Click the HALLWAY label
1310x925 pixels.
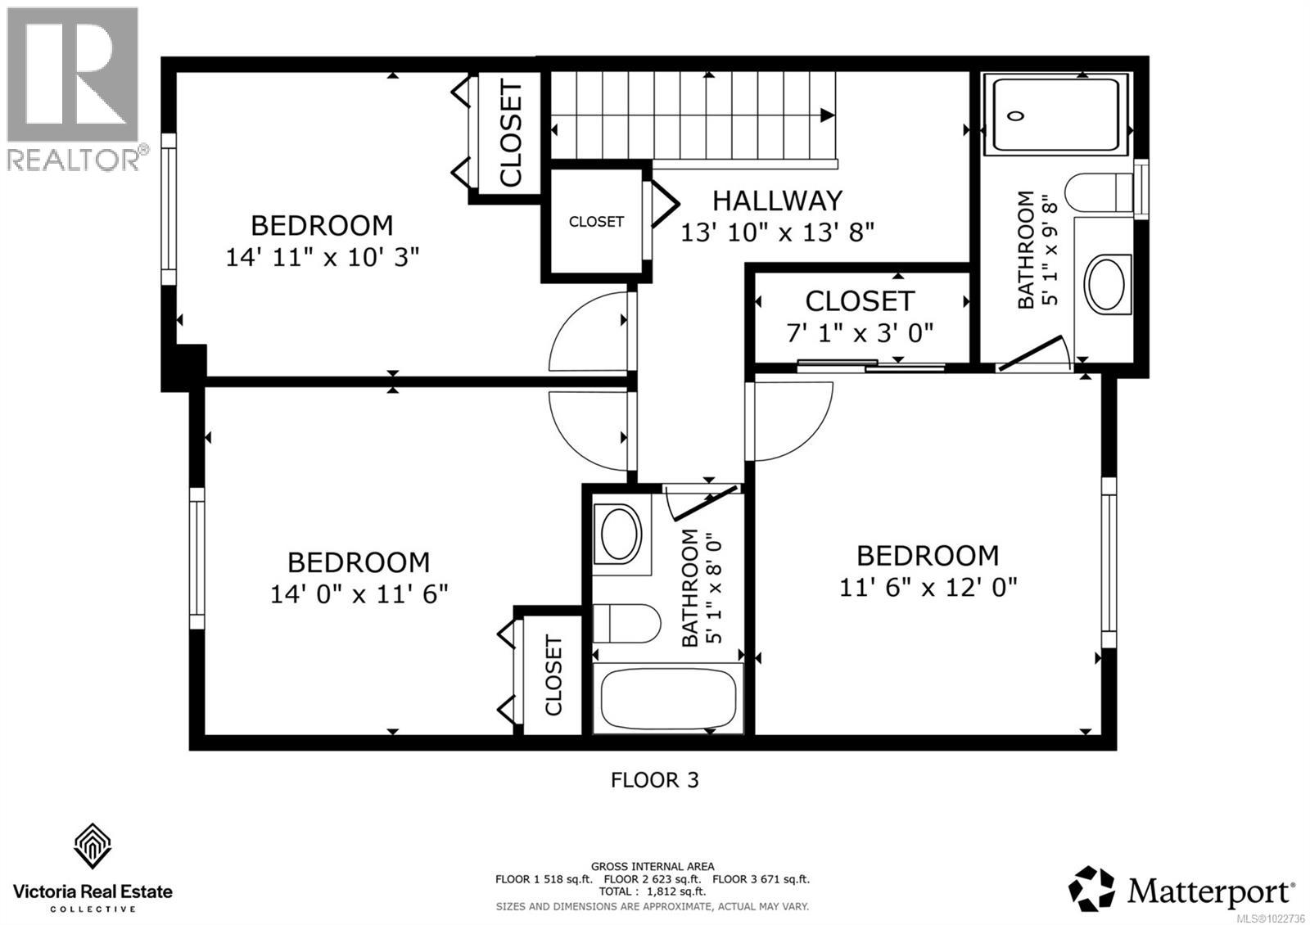click(776, 201)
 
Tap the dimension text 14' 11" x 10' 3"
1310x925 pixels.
click(322, 257)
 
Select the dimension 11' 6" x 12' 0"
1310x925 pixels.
click(928, 587)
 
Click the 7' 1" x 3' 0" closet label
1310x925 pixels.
click(859, 332)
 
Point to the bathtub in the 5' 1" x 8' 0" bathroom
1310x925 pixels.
click(667, 698)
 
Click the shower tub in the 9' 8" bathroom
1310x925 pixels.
click(1055, 115)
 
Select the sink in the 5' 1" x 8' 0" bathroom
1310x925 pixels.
click(621, 534)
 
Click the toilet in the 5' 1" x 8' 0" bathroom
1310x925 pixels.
click(627, 624)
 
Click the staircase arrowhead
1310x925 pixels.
click(828, 115)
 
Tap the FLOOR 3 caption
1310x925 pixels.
click(654, 779)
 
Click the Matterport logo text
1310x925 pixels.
click(1210, 891)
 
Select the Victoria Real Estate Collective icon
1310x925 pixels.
click(93, 846)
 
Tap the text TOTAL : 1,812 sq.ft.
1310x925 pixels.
click(652, 891)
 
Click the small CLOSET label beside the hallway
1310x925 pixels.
click(596, 222)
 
